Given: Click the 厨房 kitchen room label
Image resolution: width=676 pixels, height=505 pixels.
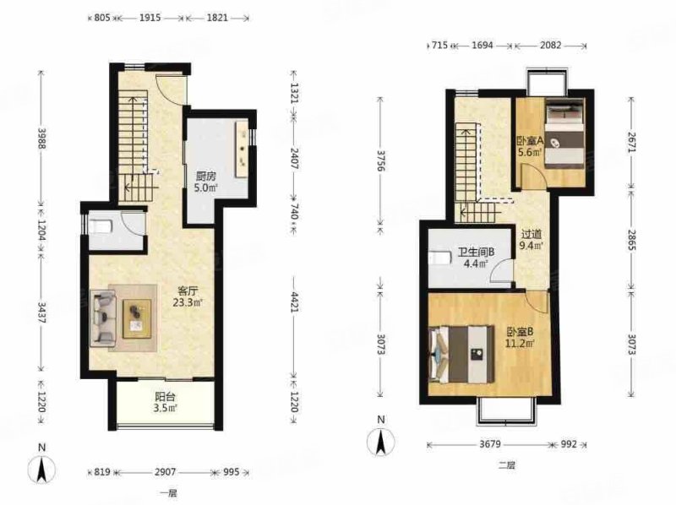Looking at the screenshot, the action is [x=206, y=176].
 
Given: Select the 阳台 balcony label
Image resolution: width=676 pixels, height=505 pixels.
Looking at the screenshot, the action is [x=165, y=396].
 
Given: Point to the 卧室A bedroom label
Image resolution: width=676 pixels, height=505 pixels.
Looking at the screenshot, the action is [x=530, y=141].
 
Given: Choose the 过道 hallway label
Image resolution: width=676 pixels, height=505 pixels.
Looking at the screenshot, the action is [x=532, y=235].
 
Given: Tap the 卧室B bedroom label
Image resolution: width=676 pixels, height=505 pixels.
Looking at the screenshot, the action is [x=520, y=332].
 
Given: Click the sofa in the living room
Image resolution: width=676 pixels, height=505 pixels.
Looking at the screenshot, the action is [x=103, y=318].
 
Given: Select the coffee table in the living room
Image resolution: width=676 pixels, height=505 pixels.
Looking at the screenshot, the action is [x=137, y=319].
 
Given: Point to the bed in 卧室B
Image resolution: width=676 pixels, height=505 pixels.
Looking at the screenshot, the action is [x=461, y=354].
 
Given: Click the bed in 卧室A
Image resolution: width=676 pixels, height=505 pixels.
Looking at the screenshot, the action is [x=564, y=133].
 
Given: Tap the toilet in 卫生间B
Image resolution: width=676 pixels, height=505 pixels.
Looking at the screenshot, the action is [x=439, y=258].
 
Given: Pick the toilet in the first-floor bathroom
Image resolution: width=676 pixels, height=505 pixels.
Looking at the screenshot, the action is [x=101, y=225].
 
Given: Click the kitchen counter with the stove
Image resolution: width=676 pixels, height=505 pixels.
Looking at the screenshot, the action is [x=242, y=149].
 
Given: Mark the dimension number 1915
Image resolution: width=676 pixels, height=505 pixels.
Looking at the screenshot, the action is [x=150, y=18].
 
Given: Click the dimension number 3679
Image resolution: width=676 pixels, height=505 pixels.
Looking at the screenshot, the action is [x=490, y=444].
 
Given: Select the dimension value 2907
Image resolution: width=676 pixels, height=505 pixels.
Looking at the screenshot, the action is [x=165, y=472].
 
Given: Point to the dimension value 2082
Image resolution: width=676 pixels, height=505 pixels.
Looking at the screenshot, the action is [x=551, y=45].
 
